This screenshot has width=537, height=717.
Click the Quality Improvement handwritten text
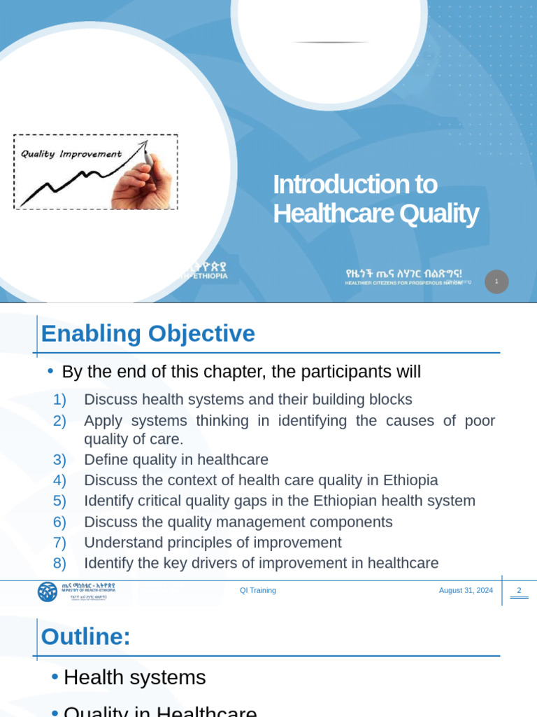pos(71,154)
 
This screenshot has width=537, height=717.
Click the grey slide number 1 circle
pos(496,281)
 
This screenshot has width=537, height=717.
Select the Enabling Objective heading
pos(148,333)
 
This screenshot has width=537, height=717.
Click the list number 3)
pos(59,460)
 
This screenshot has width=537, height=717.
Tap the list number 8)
pos(59,563)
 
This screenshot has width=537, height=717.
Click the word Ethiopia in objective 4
pos(409,480)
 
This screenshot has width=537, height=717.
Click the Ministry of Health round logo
pos(48,592)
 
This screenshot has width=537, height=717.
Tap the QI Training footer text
pos(258,590)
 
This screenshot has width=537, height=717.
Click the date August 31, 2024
pos(466,590)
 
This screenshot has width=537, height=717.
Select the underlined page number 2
pos(519,590)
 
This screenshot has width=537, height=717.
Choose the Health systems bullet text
pos(134,677)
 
